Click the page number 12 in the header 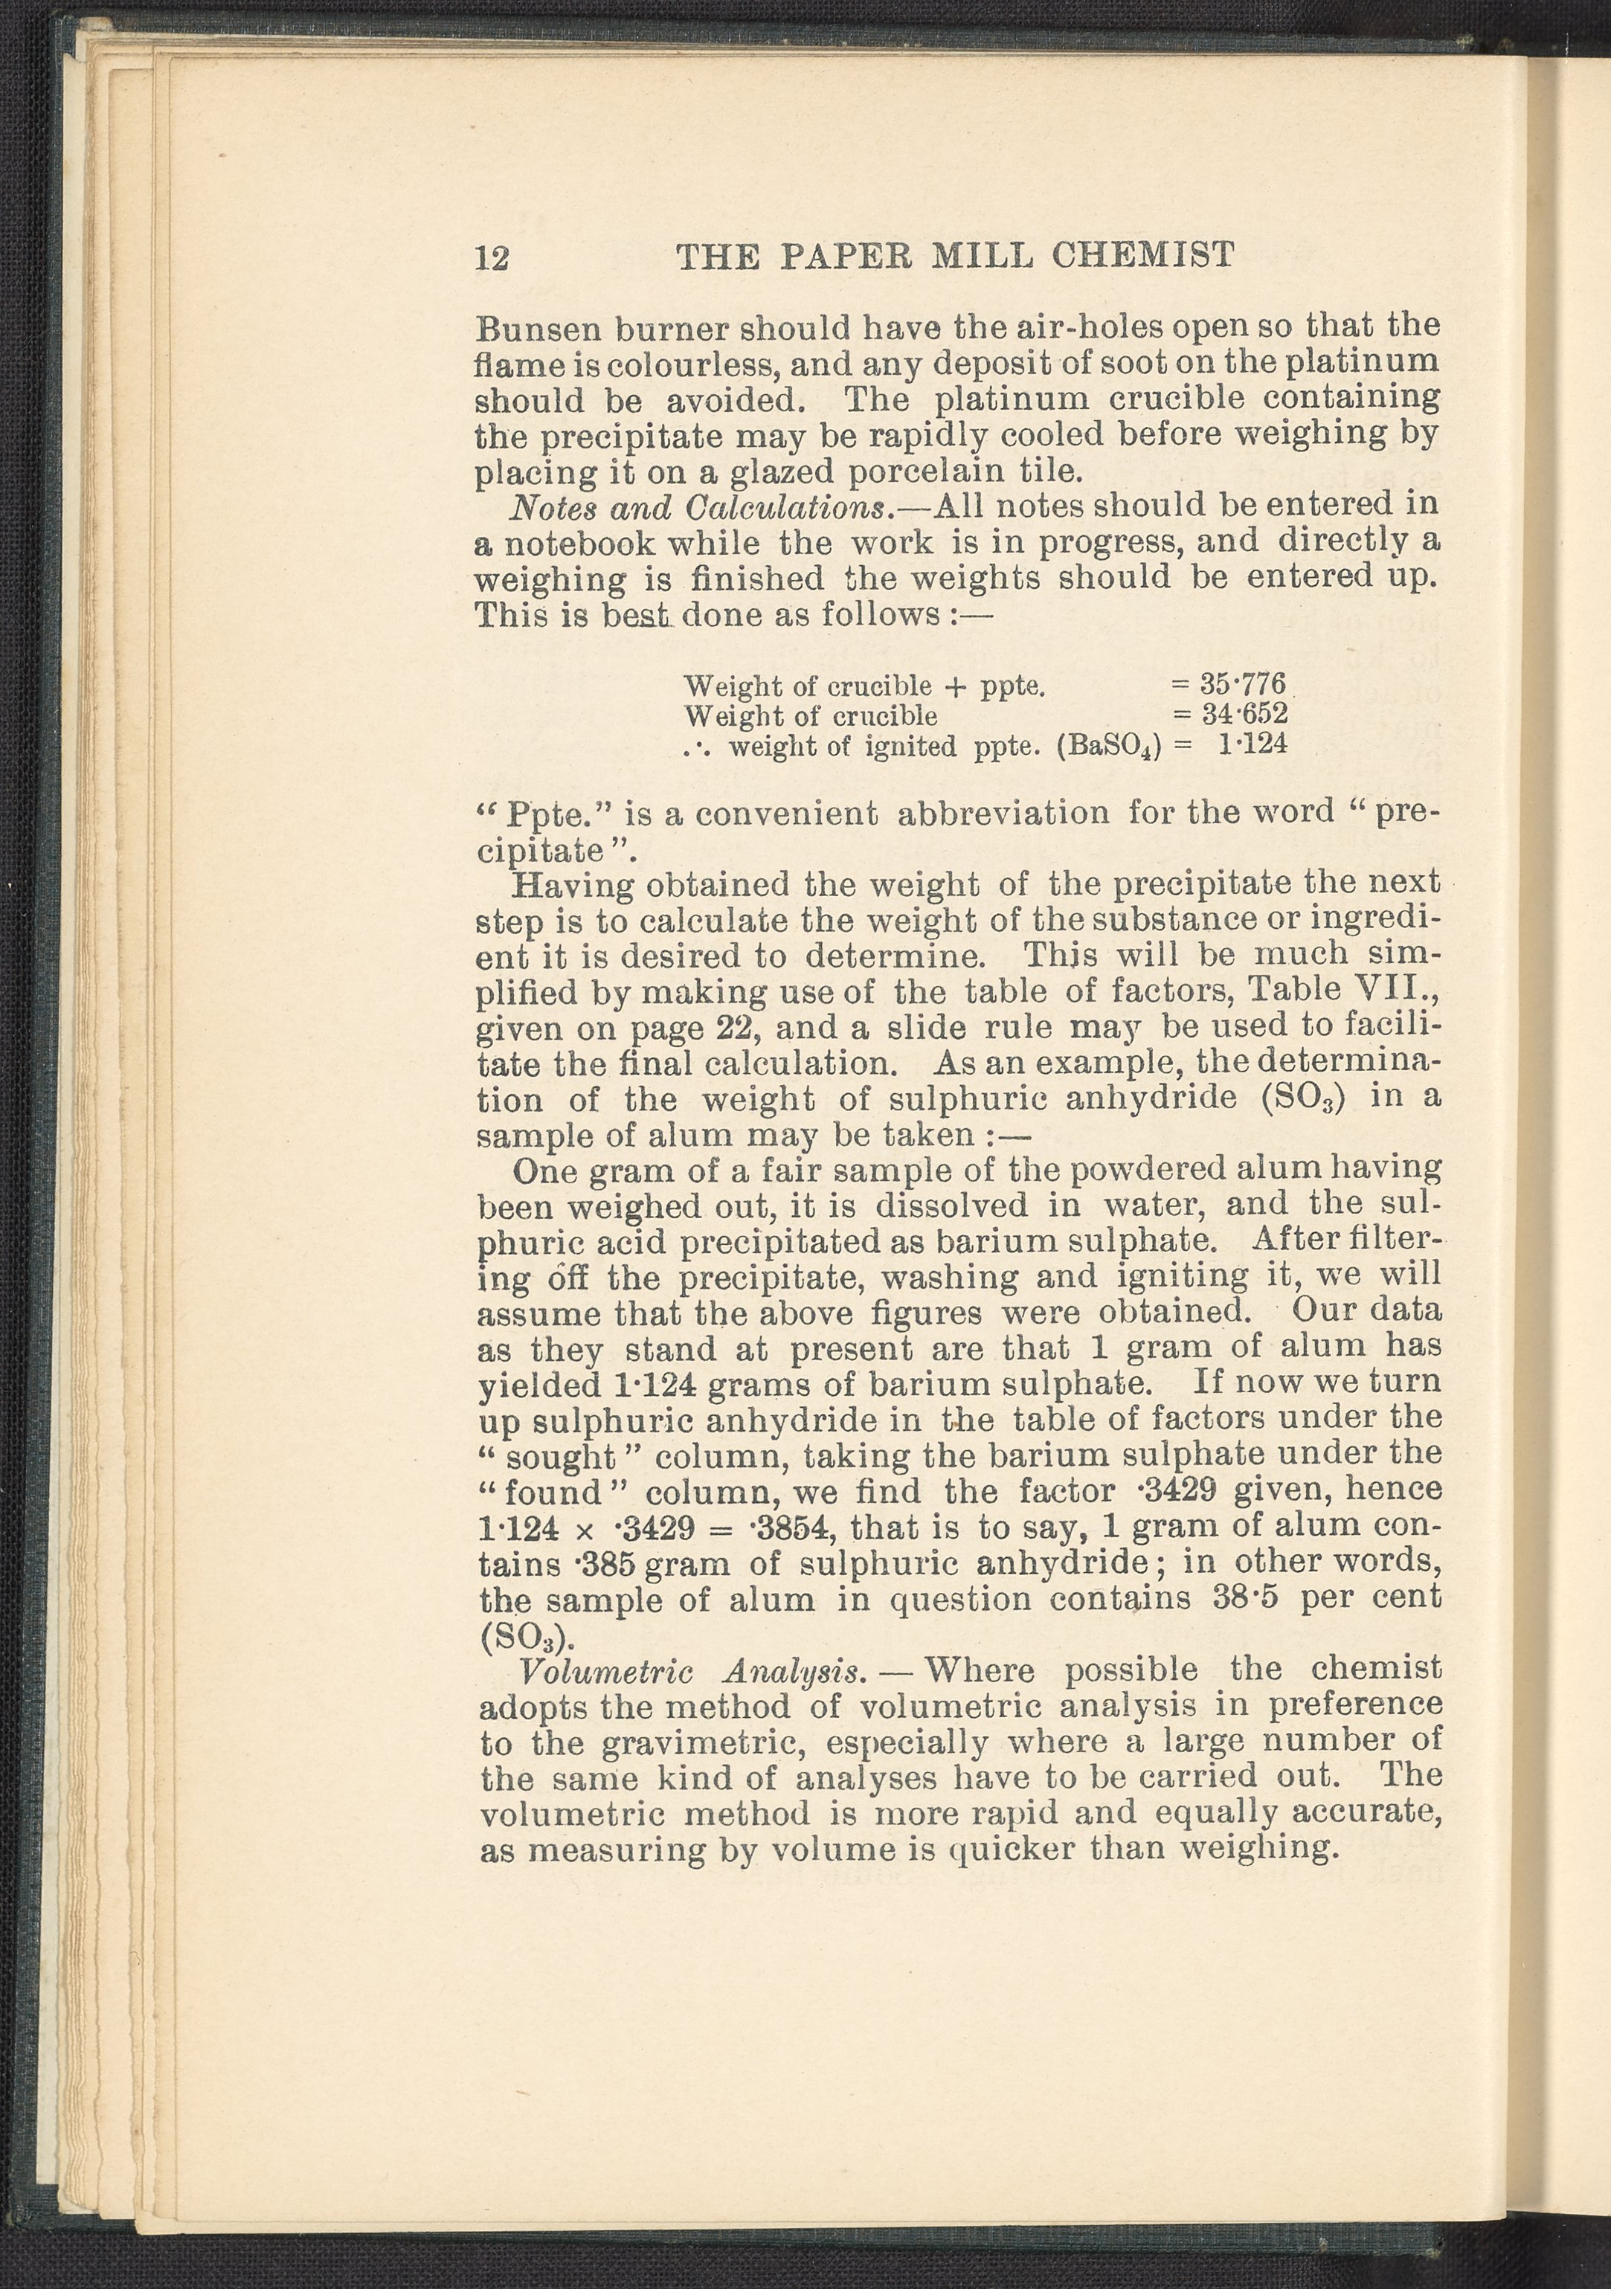pyautogui.click(x=492, y=258)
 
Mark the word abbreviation pyautogui.click(x=1003, y=813)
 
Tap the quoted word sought pyautogui.click(x=562, y=1458)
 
